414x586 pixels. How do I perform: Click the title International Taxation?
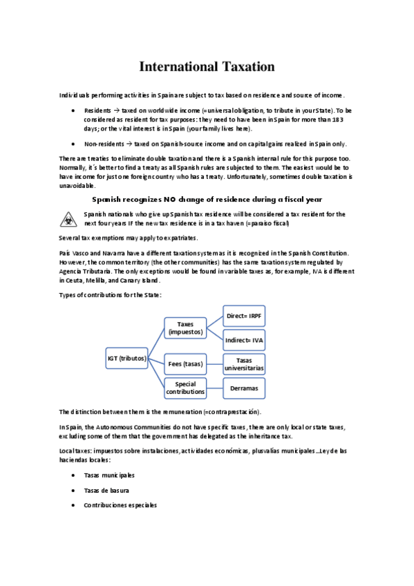[x=207, y=67]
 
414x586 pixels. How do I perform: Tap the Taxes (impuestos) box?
[x=185, y=328]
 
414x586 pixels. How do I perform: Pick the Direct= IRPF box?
[x=244, y=316]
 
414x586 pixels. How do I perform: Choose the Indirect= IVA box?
[x=244, y=340]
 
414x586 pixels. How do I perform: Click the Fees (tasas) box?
[x=185, y=363]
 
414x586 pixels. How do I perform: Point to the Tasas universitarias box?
[x=244, y=364]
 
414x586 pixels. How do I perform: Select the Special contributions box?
[x=185, y=388]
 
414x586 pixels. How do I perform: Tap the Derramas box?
[x=244, y=388]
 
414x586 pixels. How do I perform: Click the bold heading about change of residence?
[x=207, y=199]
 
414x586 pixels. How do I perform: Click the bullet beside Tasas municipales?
[x=73, y=475]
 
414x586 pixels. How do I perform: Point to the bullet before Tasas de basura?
[x=73, y=490]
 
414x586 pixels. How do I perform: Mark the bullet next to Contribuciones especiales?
[x=73, y=505]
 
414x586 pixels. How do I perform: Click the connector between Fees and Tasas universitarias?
[x=214, y=363]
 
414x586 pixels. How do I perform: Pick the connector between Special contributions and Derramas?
[x=214, y=388]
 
